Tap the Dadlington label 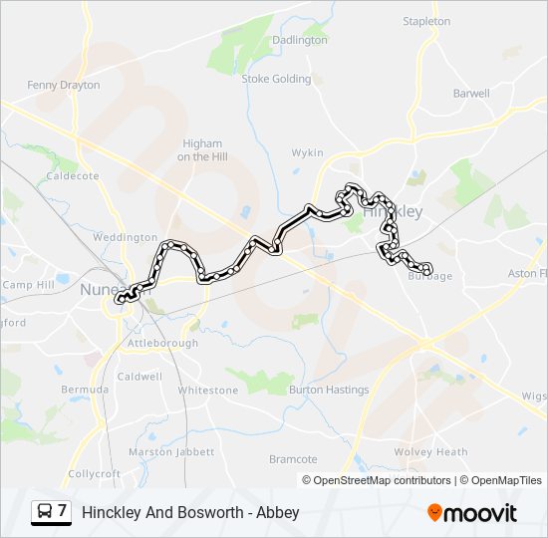(x=300, y=40)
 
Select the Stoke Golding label (x=276, y=79)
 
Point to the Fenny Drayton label (x=64, y=86)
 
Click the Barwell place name (x=471, y=94)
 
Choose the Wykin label (x=307, y=152)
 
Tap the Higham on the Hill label (x=200, y=150)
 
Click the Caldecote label (x=73, y=176)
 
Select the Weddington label (x=125, y=238)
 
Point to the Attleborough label (x=162, y=344)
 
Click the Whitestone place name (x=208, y=391)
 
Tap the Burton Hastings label (x=329, y=390)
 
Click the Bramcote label (x=293, y=459)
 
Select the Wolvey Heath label (x=430, y=452)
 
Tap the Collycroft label (x=94, y=473)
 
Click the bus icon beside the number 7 (x=45, y=512)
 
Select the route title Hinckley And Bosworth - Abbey (x=190, y=513)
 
